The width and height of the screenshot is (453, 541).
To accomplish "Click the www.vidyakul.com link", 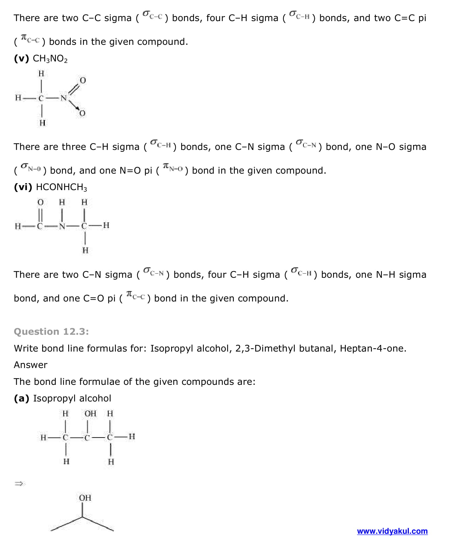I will [x=392, y=531].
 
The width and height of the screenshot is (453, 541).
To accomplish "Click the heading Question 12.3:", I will [x=51, y=331].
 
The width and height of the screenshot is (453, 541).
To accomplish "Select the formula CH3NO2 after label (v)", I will [x=50, y=59].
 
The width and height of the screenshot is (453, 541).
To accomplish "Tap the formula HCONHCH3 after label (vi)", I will [x=61, y=187].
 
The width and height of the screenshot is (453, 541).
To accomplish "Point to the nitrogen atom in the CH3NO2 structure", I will [x=64, y=98].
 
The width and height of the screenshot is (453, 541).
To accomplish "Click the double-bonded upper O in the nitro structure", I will [x=83, y=80].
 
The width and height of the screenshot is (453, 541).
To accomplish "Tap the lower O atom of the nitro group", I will [x=82, y=113].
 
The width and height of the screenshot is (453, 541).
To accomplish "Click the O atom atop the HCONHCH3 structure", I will [x=40, y=202].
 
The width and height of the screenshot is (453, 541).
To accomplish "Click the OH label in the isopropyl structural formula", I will [x=90, y=413].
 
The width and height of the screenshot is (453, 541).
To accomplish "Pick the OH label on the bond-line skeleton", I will [x=85, y=498].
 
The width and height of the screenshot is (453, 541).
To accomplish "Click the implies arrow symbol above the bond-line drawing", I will [x=19, y=484].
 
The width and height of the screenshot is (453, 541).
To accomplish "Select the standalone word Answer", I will [x=31, y=365].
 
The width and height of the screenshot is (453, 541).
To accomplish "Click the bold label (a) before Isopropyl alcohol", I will [x=22, y=398].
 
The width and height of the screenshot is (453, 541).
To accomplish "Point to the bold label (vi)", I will [x=23, y=187].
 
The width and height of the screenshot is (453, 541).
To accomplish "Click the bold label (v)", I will [x=22, y=59].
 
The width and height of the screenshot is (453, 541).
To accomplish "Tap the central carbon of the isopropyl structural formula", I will [x=87, y=438].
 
